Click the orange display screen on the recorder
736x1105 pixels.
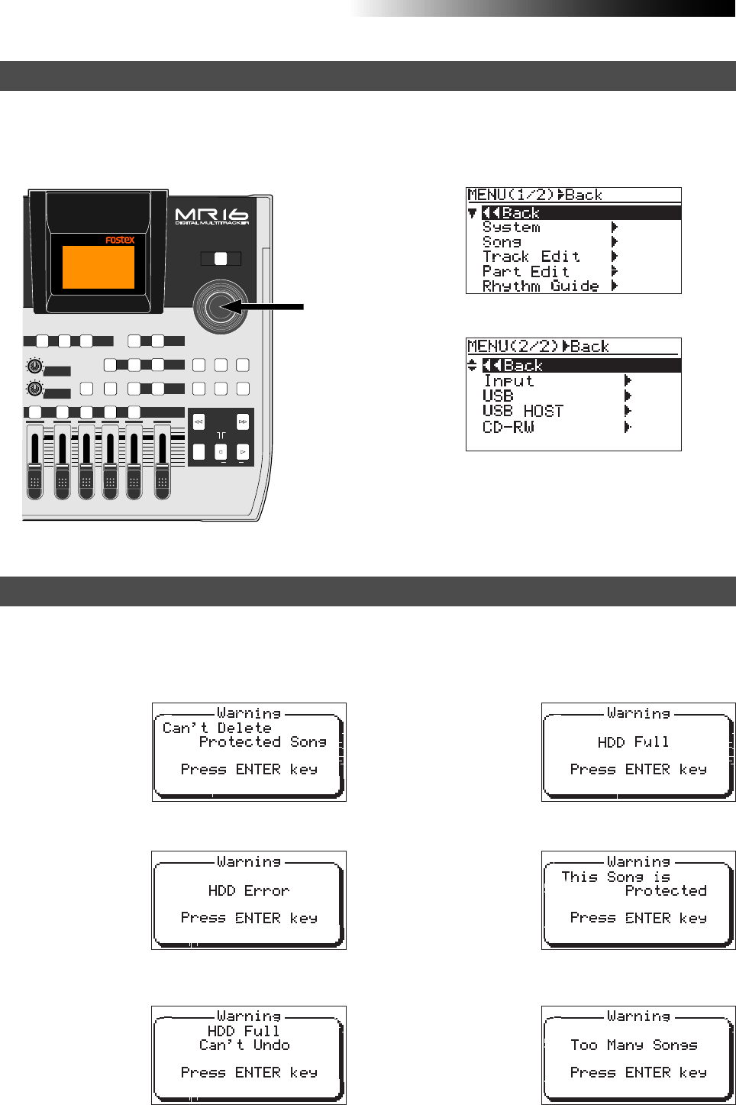[x=98, y=267]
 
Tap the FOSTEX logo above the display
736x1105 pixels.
[x=120, y=240]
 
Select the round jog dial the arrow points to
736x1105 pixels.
[x=221, y=306]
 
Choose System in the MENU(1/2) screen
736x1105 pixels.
[x=511, y=228]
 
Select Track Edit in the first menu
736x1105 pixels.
[x=531, y=257]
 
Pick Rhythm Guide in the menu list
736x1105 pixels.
[x=540, y=286]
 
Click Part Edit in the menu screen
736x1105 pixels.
[x=525, y=272]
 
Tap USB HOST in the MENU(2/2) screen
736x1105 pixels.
[x=522, y=412]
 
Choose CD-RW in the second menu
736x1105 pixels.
[x=508, y=427]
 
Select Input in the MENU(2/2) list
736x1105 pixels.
[x=508, y=381]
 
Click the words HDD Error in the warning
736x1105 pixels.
[x=248, y=890]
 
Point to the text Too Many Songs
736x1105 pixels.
[x=633, y=1045]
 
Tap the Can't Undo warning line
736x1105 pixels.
[x=244, y=1045]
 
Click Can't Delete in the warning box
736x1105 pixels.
[x=217, y=728]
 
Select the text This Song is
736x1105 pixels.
[x=615, y=877]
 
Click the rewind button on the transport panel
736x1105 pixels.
[x=199, y=422]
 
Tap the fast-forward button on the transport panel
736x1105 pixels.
[x=242, y=422]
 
